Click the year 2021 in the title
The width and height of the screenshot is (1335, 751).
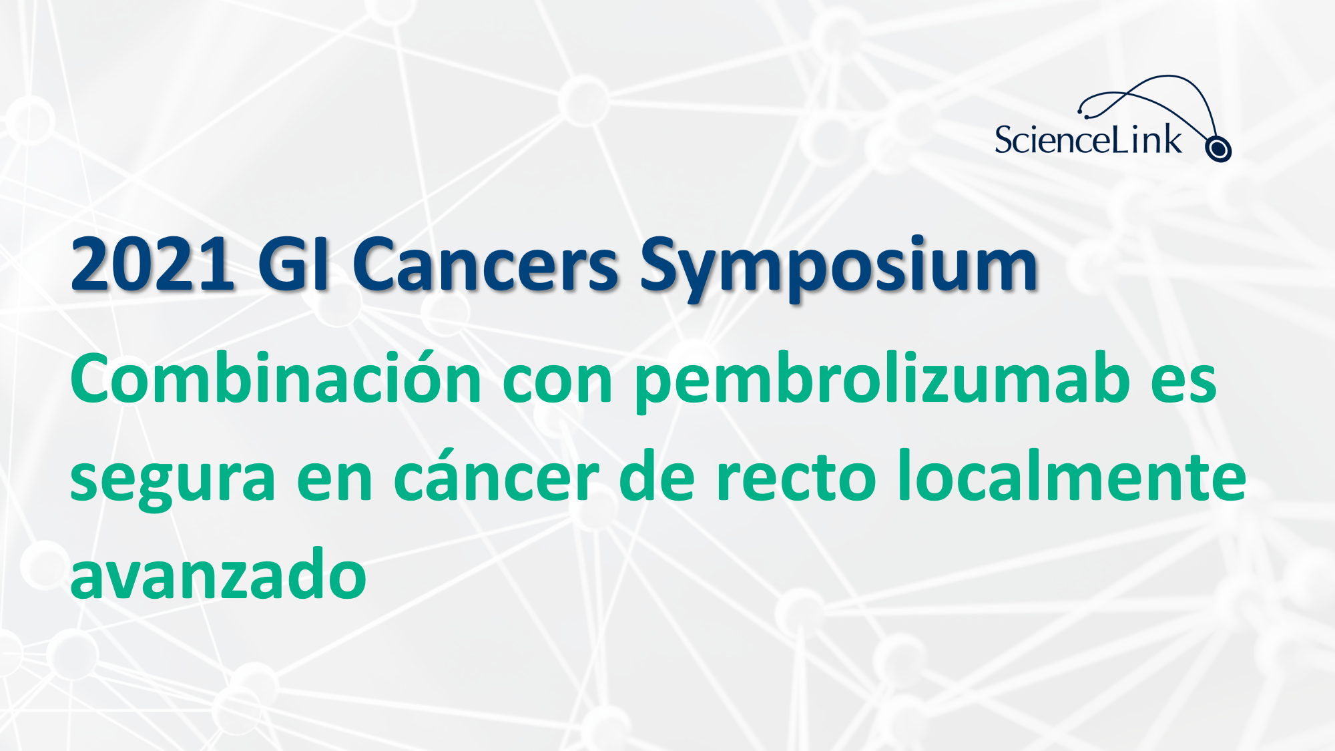coord(153,265)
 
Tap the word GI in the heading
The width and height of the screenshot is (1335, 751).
coord(294,265)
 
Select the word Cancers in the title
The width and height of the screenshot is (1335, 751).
coord(485,265)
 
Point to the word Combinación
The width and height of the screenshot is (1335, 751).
coord(276,378)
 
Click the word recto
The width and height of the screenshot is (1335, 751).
coord(796,477)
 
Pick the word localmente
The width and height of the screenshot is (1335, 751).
coord(1072,475)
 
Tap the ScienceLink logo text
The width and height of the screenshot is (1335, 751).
coord(1088,140)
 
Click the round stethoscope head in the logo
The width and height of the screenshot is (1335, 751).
coord(1218,149)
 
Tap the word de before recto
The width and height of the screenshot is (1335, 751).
coord(657,475)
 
